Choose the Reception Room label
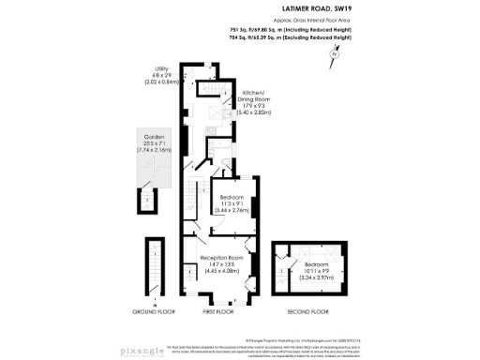pyautogui.click(x=222, y=257)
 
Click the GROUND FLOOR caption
pyautogui.click(x=152, y=310)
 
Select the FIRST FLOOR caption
pyautogui.click(x=218, y=310)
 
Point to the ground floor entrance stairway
pyautogui.click(x=152, y=272)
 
